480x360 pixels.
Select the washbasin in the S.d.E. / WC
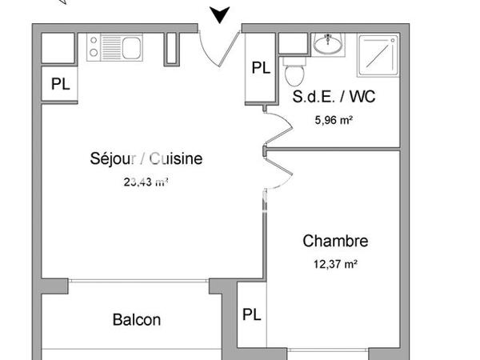click(326, 45)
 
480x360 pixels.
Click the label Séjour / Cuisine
click(146, 158)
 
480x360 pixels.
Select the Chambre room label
click(335, 241)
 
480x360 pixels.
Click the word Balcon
click(136, 320)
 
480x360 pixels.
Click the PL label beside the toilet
click(261, 68)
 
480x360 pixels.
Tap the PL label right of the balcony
click(251, 314)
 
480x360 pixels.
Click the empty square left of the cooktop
click(59, 48)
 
